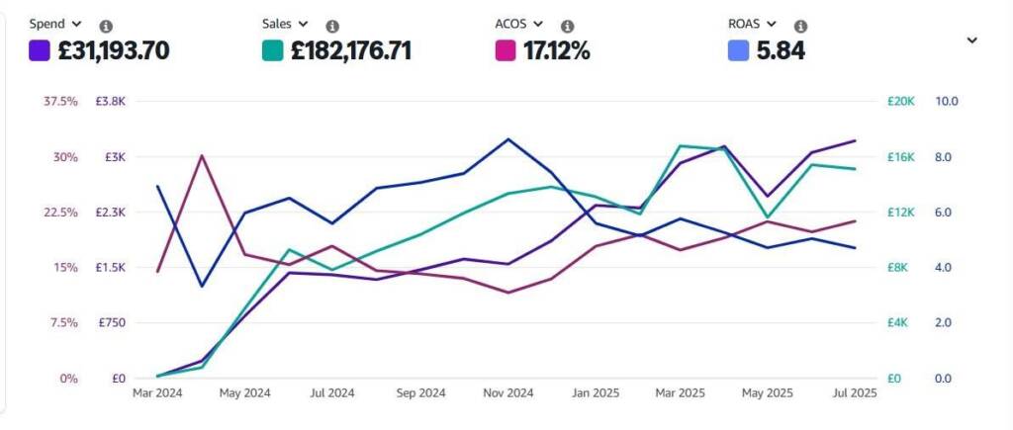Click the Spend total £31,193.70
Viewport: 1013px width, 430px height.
click(x=113, y=50)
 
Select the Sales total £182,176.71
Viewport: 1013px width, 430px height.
click(x=350, y=50)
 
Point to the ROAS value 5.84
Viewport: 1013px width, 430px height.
click(x=781, y=50)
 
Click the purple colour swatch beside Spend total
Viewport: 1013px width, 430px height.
click(x=40, y=50)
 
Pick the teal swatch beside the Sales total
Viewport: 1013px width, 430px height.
click(x=273, y=50)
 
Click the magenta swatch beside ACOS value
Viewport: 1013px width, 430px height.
click(x=506, y=50)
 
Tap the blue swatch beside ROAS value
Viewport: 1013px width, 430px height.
click(x=738, y=50)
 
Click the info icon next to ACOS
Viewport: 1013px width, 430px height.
click(x=567, y=26)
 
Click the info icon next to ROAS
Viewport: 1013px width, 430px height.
click(x=800, y=26)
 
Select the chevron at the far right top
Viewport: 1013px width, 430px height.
click(x=971, y=41)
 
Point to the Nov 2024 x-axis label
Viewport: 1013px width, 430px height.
click(x=508, y=393)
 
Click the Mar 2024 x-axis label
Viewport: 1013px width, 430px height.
click(x=157, y=393)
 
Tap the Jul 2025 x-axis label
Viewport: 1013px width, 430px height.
click(x=855, y=393)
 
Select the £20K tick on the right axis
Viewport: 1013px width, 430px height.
click(x=902, y=102)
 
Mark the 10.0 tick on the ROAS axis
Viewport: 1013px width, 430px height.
click(x=947, y=102)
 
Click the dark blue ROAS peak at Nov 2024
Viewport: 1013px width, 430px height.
click(x=508, y=138)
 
